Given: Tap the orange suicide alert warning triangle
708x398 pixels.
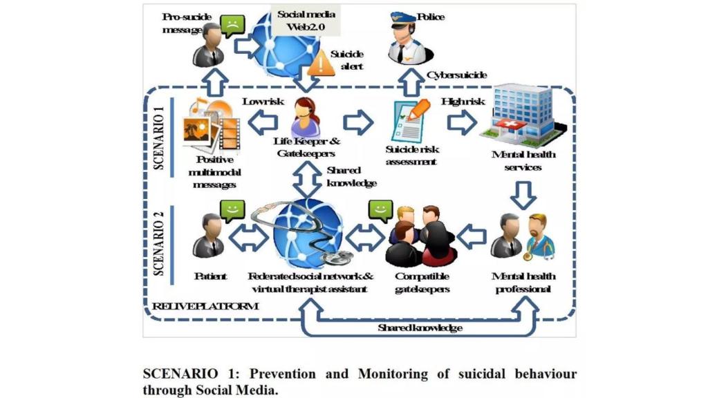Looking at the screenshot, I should pyautogui.click(x=320, y=65).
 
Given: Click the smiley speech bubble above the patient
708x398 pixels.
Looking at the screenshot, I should pyautogui.click(x=232, y=209).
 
